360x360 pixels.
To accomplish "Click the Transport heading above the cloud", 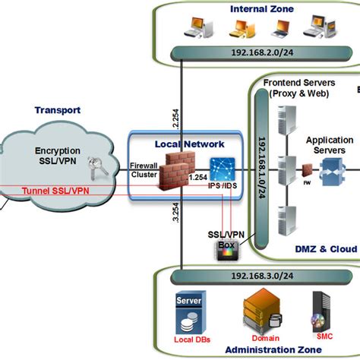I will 57,110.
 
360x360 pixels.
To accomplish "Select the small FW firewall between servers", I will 308,169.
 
